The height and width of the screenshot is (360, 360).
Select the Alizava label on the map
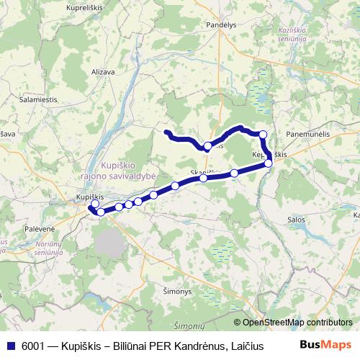coord(103,72)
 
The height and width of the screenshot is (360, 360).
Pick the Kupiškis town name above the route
coord(91,196)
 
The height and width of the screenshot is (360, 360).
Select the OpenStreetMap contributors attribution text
coord(297,322)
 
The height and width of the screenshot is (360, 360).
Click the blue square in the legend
coord(9,345)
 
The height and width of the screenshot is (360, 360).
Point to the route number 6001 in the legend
coord(30,345)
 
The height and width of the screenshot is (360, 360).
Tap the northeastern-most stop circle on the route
coord(264,135)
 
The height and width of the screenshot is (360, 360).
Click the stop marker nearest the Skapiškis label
coord(204,179)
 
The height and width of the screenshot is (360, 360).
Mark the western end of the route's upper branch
coord(166,132)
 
